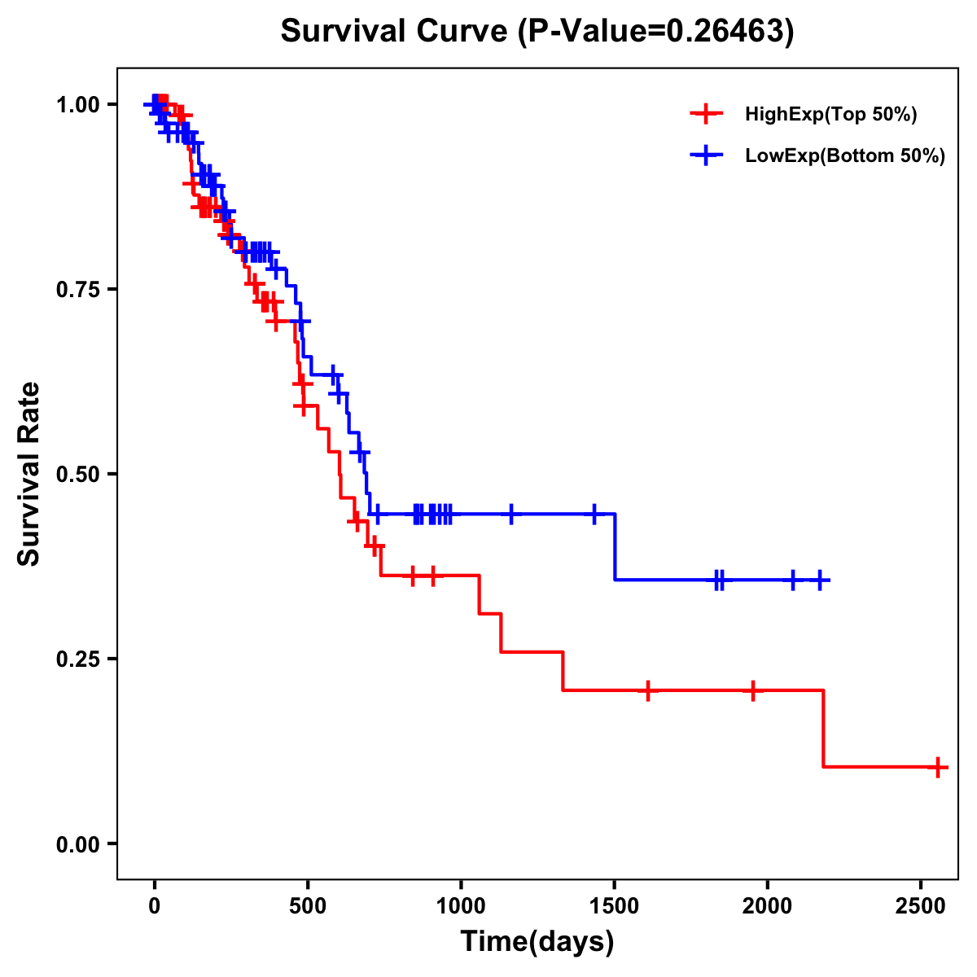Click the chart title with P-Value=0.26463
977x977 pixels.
pyautogui.click(x=537, y=32)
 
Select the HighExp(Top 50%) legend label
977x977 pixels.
pyautogui.click(x=830, y=115)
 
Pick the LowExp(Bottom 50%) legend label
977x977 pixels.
pyautogui.click(x=844, y=156)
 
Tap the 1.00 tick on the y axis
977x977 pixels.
pyautogui.click(x=77, y=105)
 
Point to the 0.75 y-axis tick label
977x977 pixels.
pyautogui.click(x=77, y=290)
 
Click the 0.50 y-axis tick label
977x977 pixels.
pyautogui.click(x=77, y=475)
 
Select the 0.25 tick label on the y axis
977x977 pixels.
pyautogui.click(x=77, y=659)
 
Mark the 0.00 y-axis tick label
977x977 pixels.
pyautogui.click(x=77, y=844)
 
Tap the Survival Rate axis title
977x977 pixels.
pyautogui.click(x=30, y=474)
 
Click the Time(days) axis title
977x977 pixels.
pyautogui.click(x=537, y=942)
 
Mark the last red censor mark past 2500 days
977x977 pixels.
pyautogui.click(x=938, y=767)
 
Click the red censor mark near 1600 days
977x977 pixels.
pyautogui.click(x=647, y=690)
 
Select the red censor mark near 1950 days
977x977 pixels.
pyautogui.click(x=753, y=690)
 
